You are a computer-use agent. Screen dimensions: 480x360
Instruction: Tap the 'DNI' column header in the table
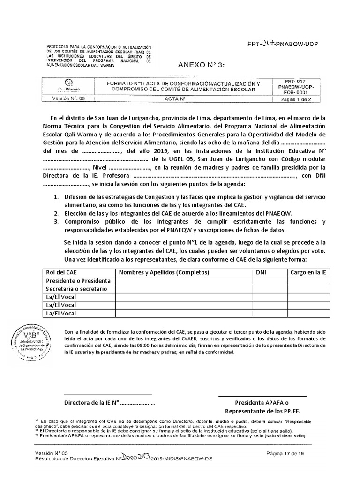pos(261,272)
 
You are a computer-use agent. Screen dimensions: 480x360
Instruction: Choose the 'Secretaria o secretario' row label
pos(77,289)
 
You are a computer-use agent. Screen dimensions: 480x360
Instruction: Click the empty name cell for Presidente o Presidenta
pos(185,281)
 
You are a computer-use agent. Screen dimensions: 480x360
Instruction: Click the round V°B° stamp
pos(30,341)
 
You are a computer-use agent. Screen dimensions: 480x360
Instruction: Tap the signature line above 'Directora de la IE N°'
pos(108,395)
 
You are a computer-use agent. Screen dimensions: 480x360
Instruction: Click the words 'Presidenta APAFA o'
pos(262,403)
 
